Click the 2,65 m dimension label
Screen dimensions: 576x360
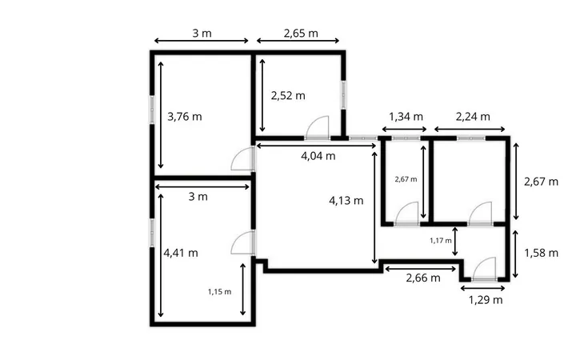click(x=301, y=34)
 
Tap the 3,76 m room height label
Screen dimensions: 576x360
click(x=185, y=117)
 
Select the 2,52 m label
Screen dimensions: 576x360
click(x=288, y=96)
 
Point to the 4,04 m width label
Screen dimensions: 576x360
click(x=318, y=156)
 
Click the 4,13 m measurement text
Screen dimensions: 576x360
click(x=346, y=201)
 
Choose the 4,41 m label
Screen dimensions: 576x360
click(x=181, y=253)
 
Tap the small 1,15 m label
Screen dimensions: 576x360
click(x=220, y=292)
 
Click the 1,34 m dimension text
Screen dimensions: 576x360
click(x=406, y=117)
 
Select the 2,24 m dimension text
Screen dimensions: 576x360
click(x=473, y=117)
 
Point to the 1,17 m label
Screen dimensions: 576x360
click(x=441, y=241)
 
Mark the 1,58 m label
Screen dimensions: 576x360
click(x=541, y=253)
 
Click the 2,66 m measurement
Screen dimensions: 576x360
click(x=423, y=278)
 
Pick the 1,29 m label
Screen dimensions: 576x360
click(x=486, y=300)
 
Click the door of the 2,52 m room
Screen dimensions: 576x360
click(x=318, y=128)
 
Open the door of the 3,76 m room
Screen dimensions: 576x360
click(x=243, y=158)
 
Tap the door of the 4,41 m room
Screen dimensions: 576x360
click(x=243, y=243)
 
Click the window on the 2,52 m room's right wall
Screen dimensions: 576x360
click(x=343, y=94)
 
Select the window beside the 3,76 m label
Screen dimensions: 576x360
click(x=152, y=110)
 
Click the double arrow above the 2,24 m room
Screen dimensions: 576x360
click(x=470, y=129)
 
